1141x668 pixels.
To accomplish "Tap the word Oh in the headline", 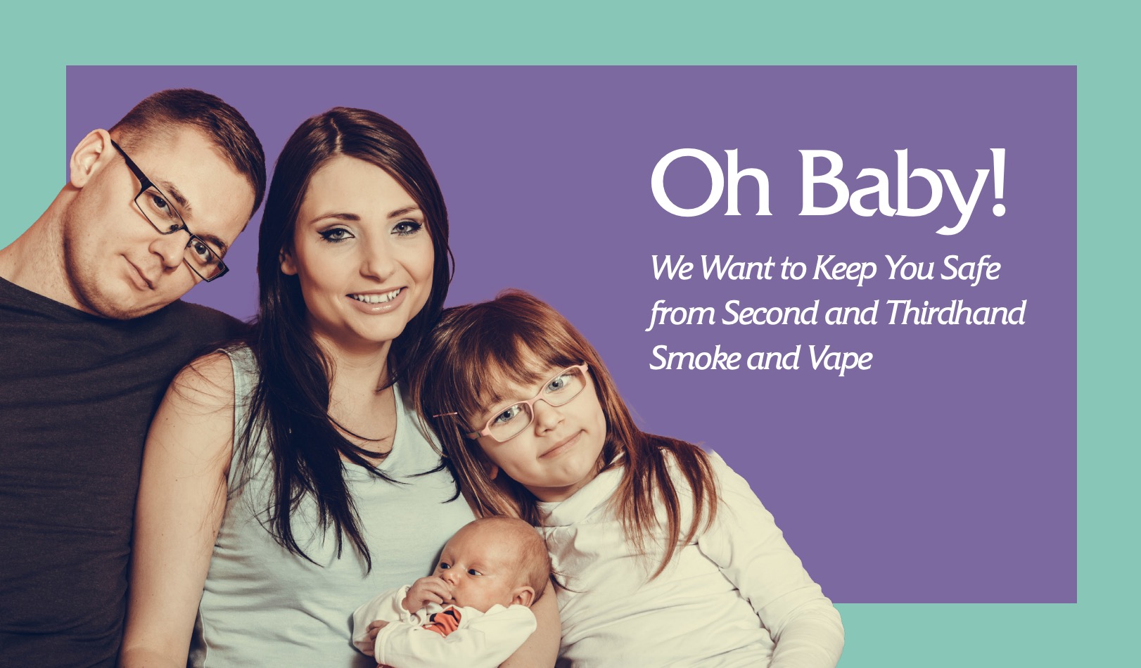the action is tap(711, 182).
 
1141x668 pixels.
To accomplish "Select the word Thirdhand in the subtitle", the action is tap(956, 312).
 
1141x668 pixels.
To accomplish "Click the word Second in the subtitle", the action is tap(770, 312).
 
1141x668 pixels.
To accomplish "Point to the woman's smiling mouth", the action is tap(377, 298).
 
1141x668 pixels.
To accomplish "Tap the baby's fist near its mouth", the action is tap(427, 594).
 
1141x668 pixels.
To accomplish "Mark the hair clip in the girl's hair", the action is tap(445, 416).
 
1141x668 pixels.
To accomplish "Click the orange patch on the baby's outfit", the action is tap(444, 622).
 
